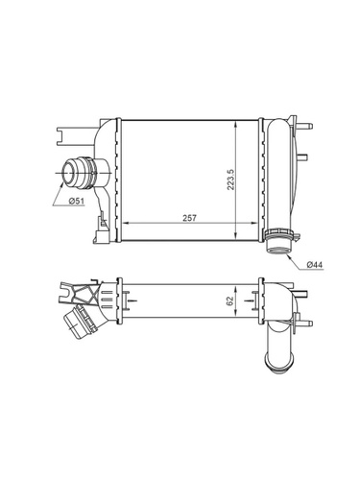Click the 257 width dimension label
click(190, 218)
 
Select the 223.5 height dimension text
click(231, 180)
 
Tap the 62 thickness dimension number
click(229, 300)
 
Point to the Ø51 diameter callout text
click(77, 201)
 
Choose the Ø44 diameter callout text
click(315, 265)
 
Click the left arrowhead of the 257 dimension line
click(126, 223)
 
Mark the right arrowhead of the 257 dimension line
click(254, 223)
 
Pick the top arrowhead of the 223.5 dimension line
click(236, 124)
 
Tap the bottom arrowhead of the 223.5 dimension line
click(236, 237)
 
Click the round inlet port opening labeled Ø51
click(68, 173)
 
